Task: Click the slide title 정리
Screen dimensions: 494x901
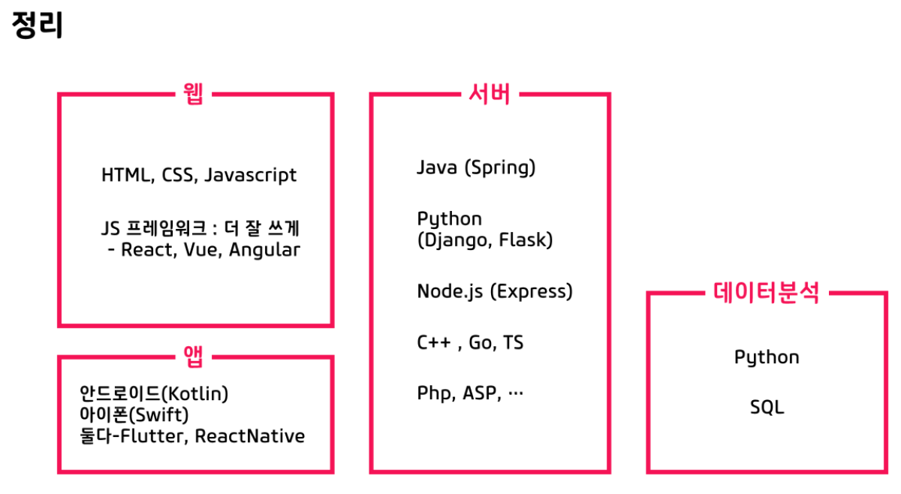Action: point(38,26)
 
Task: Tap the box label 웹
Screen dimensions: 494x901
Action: point(193,95)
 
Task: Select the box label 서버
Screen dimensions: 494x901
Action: point(489,95)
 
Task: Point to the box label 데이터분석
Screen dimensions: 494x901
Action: point(766,293)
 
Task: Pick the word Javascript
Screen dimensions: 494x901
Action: point(250,176)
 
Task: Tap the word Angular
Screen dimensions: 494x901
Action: point(264,250)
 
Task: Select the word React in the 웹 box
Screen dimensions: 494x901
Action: point(148,250)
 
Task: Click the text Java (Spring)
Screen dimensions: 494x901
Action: point(476,167)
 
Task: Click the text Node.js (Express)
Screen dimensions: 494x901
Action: point(495,291)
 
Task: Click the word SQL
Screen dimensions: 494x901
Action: point(767,408)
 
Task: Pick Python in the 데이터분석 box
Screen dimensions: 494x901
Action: point(767,357)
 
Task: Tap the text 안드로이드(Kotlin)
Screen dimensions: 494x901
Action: point(154,393)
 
